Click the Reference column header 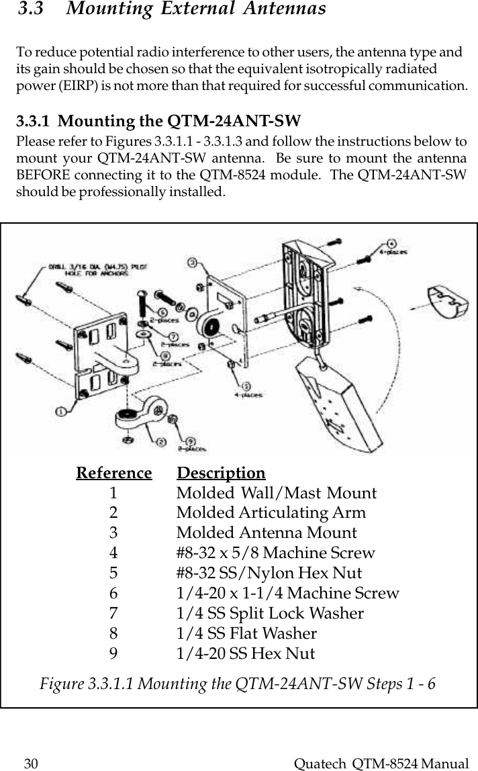pos(114,473)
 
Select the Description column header pos(221,473)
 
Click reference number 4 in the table pos(114,553)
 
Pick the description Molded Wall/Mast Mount pos(276,493)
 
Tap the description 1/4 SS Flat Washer pos(246,633)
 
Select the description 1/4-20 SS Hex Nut pos(245,653)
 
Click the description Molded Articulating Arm pos(271,513)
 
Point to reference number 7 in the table pos(114,613)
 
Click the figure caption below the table pos(238,684)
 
